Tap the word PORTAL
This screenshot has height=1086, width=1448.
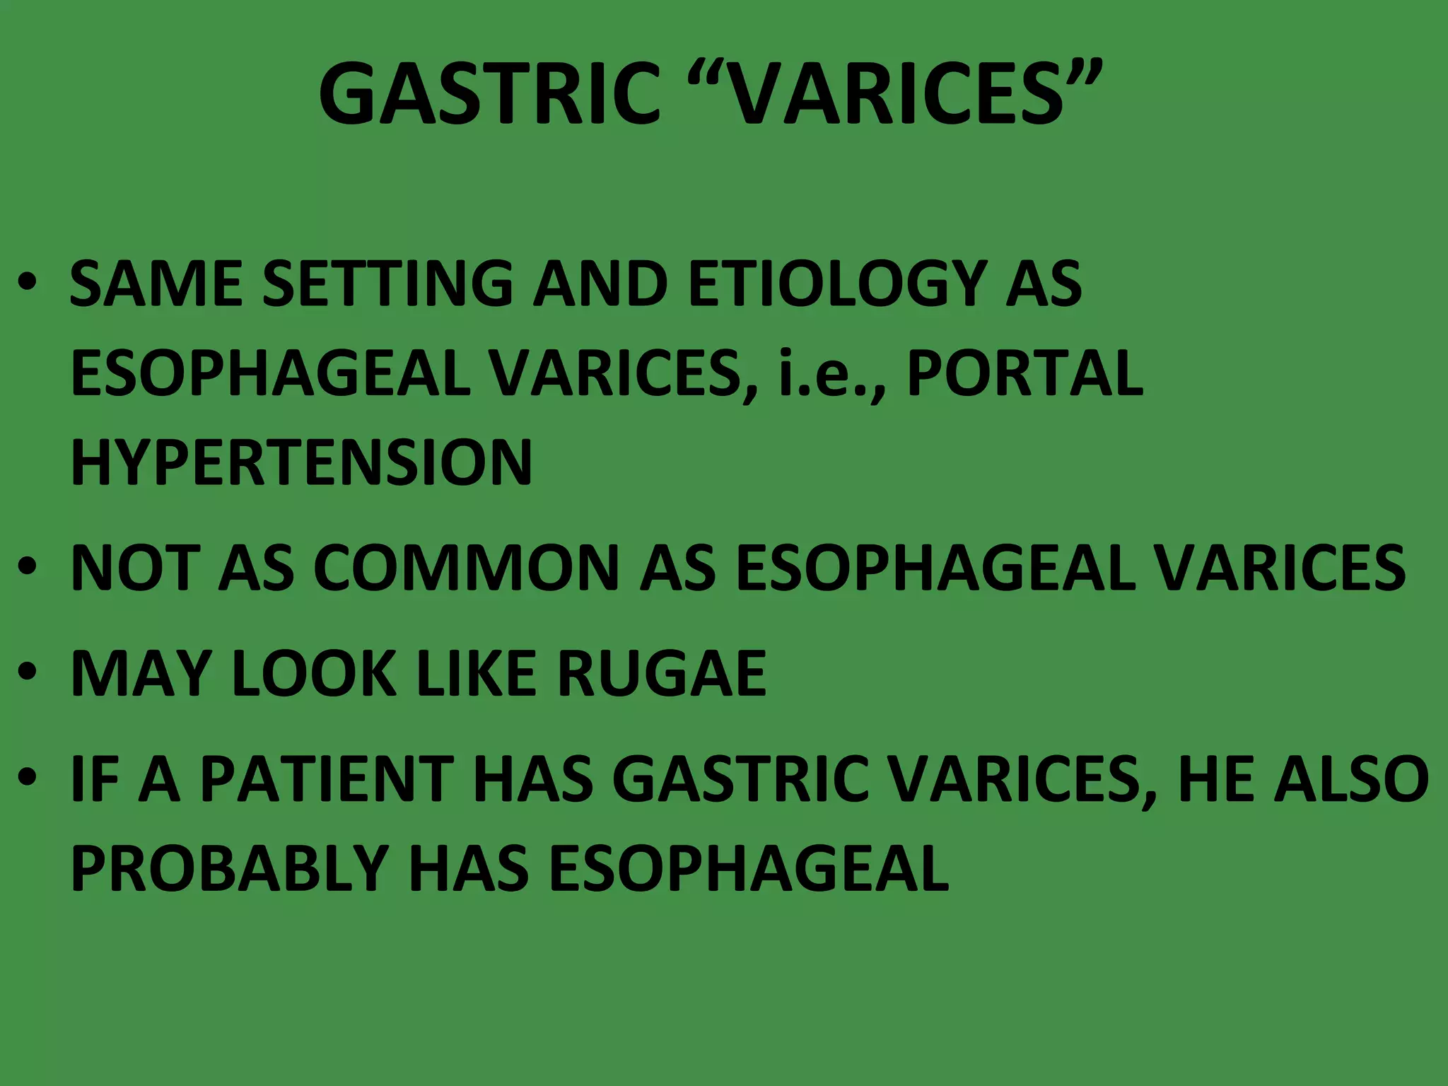point(1024,373)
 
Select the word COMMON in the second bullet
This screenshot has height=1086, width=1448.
point(467,568)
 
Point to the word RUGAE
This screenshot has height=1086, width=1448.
point(662,674)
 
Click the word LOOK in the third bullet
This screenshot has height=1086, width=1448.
point(314,674)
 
